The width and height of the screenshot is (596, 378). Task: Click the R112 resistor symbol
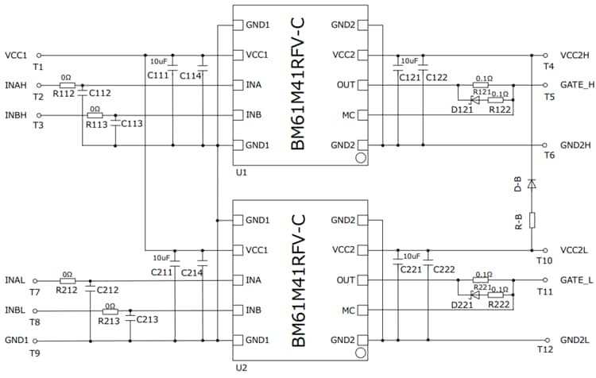pos(68,85)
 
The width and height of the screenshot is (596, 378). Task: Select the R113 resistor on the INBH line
pos(95,115)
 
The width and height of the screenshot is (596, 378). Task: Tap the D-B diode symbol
pos(532,183)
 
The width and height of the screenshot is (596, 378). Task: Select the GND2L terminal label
pos(575,340)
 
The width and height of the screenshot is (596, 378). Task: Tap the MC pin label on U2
pos(346,310)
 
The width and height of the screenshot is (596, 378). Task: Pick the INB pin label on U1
pos(255,115)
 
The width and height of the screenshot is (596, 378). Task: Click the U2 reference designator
pos(242,368)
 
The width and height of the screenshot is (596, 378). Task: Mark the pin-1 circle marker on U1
pos(360,158)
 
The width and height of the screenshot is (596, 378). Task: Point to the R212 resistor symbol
pos(68,280)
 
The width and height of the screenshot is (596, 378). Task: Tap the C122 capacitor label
pos(436,77)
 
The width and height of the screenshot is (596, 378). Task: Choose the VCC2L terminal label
pos(575,250)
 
